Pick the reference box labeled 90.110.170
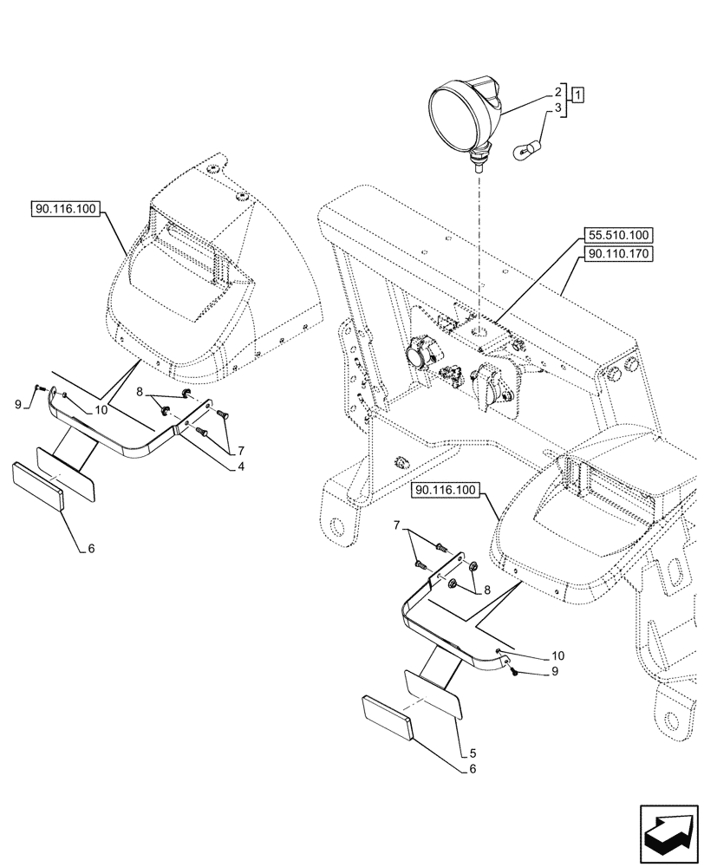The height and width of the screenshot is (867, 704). pyautogui.click(x=618, y=254)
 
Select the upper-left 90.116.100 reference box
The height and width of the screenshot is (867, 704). pyautogui.click(x=67, y=209)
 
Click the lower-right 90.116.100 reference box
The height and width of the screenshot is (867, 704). pyautogui.click(x=446, y=491)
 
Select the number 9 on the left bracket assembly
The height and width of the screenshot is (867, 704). pyautogui.click(x=18, y=404)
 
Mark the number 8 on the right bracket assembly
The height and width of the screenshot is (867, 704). pyautogui.click(x=486, y=590)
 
